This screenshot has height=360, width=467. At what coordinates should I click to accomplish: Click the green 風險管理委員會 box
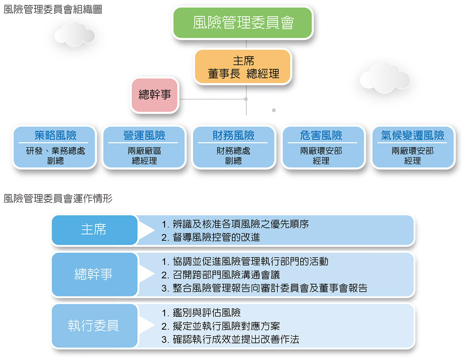coord(242,23)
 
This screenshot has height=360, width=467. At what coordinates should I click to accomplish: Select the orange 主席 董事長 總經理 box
coord(242,66)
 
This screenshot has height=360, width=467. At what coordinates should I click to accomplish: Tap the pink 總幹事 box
coord(154,95)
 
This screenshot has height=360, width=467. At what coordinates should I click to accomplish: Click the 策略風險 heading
coord(55,135)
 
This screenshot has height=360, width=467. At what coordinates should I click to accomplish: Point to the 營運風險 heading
coord(144,135)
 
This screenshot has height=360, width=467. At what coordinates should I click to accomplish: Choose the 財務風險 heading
coord(233,135)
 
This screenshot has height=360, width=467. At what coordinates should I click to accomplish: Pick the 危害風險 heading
coord(321,135)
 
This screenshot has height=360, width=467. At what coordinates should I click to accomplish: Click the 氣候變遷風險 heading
coord(413,135)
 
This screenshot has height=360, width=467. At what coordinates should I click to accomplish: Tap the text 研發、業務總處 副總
coord(55,156)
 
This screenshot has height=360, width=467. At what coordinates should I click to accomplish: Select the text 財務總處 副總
coord(233,156)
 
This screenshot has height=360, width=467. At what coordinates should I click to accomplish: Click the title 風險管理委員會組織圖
coord(53,9)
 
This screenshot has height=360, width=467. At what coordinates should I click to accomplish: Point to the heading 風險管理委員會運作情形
coord(58,198)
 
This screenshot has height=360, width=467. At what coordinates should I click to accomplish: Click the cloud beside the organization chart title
coord(75,34)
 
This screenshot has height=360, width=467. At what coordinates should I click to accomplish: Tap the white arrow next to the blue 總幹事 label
coord(147,273)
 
